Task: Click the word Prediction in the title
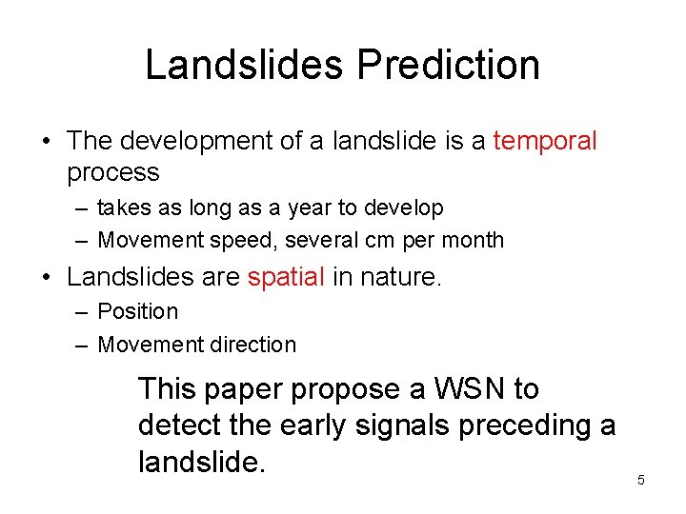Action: tap(448, 66)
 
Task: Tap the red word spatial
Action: tap(286, 277)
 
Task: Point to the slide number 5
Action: tap(640, 480)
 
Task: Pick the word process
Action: tap(112, 172)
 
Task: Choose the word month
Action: tap(473, 240)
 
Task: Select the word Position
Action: tap(137, 312)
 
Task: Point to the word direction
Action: tap(249, 345)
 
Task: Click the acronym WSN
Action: tap(461, 389)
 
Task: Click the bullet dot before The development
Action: tap(46, 142)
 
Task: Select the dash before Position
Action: tap(81, 312)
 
